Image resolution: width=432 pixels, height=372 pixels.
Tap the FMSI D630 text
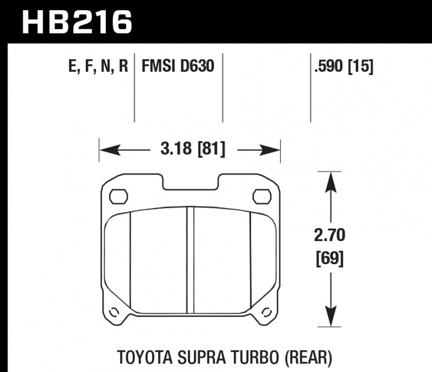pyautogui.click(x=178, y=67)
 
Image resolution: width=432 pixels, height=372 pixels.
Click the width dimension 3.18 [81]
pyautogui.click(x=192, y=148)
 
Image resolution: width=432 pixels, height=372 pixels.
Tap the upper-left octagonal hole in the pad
pyautogui.click(x=118, y=196)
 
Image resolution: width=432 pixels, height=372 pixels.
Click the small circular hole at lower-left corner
pyautogui.click(x=114, y=312)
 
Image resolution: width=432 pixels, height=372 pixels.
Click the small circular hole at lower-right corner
pyautogui.click(x=266, y=312)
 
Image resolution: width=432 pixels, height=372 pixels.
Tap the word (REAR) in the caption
pyautogui.click(x=306, y=356)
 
